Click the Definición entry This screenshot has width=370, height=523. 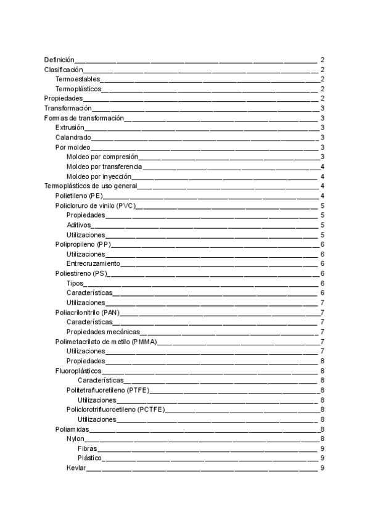pos(59,60)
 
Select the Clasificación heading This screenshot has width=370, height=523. pos(62,70)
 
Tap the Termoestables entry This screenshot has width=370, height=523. pos(78,80)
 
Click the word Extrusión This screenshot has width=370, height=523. pos(70,127)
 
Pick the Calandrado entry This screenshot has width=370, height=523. pos(73,137)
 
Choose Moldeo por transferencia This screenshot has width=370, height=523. pos(104,167)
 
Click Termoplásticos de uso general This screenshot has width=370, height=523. pos(91,186)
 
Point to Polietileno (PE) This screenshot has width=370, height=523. pos(78,196)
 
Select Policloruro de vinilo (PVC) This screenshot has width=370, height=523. pos(96,205)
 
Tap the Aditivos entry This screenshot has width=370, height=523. pos(78,225)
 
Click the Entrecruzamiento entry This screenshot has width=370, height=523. pos(93,264)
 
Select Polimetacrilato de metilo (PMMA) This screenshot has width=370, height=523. pos(105,342)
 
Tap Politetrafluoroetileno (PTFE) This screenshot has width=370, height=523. pos(108,390)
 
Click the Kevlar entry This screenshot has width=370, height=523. pos(76,468)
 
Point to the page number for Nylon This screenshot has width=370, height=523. pos(323,439)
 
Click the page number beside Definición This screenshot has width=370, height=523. pos(323,60)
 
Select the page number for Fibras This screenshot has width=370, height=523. pos(323,448)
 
